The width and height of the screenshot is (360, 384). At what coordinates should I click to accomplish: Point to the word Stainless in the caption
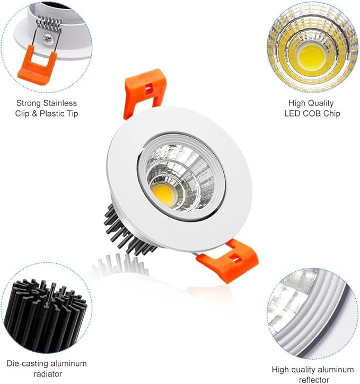click(59, 103)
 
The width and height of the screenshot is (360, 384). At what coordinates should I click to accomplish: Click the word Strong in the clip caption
click(28, 103)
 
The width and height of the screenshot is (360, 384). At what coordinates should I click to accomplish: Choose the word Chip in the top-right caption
click(330, 113)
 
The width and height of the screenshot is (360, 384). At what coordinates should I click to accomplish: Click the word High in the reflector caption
click(282, 369)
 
